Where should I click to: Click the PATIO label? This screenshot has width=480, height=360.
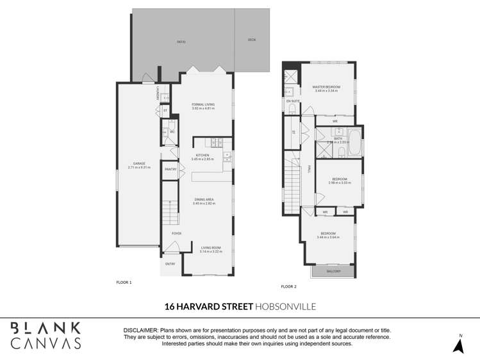[181, 42]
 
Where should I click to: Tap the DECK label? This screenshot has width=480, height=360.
[252, 40]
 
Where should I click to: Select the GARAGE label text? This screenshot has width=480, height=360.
[138, 164]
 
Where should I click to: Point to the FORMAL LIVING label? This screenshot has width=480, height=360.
[203, 104]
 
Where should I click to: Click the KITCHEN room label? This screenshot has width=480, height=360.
[203, 155]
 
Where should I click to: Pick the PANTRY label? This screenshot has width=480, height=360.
[170, 169]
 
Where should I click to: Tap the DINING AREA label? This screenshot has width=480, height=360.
[204, 199]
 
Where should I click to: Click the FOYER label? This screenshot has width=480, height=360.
[176, 233]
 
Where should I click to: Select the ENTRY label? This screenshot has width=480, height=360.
[170, 264]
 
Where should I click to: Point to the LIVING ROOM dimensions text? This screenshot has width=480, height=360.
[210, 252]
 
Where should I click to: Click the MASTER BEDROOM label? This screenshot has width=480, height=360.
[326, 87]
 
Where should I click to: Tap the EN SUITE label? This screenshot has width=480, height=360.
[293, 101]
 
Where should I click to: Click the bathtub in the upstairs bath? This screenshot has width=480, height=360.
[354, 142]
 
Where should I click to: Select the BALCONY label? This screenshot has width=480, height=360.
[333, 272]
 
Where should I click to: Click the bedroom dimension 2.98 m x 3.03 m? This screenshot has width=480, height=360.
[339, 183]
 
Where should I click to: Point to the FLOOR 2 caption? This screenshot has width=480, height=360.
[289, 286]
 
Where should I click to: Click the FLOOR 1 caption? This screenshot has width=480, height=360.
[124, 282]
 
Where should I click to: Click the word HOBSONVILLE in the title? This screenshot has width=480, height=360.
[285, 307]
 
